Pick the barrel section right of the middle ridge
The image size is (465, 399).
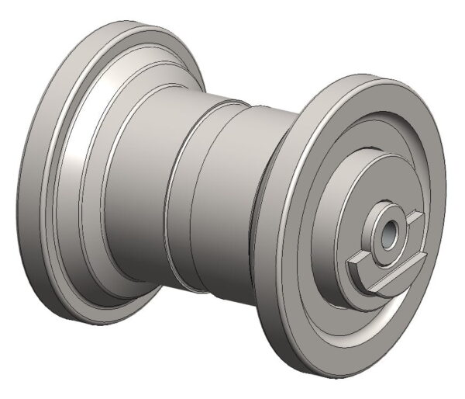(225, 210)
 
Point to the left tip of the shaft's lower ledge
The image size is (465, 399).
(348, 259)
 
